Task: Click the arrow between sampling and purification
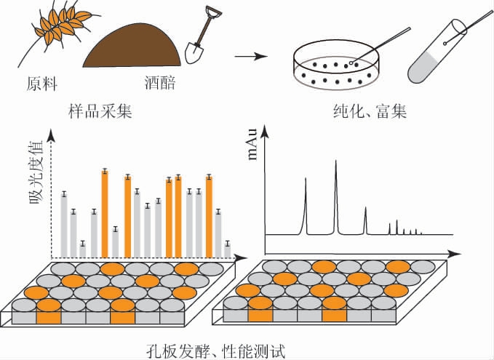[x=249, y=56]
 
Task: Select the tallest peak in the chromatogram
[x=336, y=196]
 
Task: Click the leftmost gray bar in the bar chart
[x=64, y=225]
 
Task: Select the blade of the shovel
[x=195, y=52]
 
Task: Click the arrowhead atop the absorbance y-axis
[x=51, y=134]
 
